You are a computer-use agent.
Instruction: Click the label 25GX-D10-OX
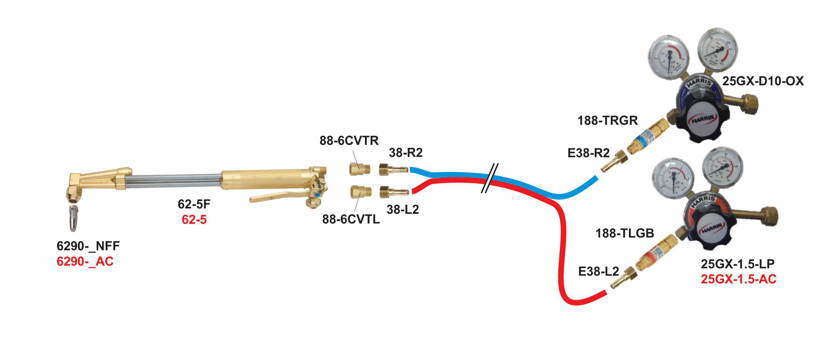[763, 81]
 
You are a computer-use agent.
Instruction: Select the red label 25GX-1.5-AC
[739, 279]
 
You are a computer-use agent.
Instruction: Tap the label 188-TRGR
[608, 120]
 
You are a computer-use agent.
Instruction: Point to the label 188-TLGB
[625, 233]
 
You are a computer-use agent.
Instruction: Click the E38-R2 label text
[588, 153]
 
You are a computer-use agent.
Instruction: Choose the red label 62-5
[194, 219]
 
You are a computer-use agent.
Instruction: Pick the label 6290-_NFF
[88, 246]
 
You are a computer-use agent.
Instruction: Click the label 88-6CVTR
[349, 141]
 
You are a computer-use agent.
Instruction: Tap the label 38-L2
[403, 209]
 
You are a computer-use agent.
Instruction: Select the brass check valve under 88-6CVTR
[359, 169]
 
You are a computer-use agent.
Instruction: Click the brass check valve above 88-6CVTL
[360, 192]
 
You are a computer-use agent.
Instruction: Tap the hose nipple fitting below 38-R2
[393, 169]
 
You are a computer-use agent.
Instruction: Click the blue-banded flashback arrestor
[644, 137]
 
